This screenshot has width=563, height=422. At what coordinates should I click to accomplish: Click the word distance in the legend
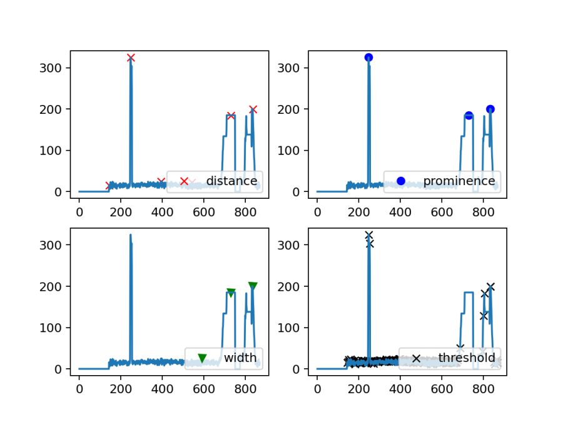pos(231,181)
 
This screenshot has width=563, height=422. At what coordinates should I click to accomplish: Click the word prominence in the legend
pos(459,181)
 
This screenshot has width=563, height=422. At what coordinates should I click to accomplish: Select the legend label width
pos(240,358)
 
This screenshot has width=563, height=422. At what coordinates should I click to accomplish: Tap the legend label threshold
pos(467,358)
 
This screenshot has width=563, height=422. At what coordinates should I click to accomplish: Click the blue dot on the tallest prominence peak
pos(368,58)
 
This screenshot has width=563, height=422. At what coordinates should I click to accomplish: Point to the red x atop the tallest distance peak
pos(131,58)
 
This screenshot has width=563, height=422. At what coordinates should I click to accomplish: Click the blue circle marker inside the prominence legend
pos(401,181)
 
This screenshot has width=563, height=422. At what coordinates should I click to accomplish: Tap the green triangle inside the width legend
pos(202,358)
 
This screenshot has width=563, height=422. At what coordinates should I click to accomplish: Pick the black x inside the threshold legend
pos(416,359)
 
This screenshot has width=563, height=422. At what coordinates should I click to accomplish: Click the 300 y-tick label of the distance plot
pos(55,68)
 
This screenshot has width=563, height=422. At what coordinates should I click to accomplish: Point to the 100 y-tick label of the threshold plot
pos(293,328)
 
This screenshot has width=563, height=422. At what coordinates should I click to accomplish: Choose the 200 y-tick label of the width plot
pos(55,286)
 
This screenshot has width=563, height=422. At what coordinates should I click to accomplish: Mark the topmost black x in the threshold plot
pos(368,235)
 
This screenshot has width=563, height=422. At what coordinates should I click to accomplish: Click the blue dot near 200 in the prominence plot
pos(490,109)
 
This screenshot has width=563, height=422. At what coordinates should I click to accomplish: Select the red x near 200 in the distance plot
pos(253,109)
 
